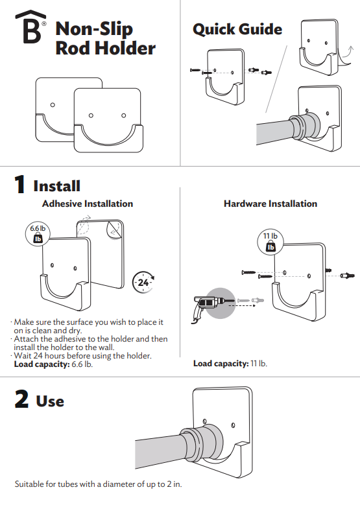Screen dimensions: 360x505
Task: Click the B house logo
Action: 31,27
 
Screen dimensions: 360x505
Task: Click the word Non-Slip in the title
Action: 94,29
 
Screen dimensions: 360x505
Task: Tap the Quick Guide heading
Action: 237,29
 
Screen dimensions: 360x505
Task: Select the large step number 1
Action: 20,184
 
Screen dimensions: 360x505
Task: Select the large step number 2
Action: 21,399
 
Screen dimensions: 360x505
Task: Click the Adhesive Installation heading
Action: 88,204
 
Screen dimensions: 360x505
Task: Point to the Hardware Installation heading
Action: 270,204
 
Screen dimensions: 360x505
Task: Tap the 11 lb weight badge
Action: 270,242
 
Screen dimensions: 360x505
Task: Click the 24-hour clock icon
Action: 143,282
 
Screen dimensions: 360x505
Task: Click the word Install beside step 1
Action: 56,186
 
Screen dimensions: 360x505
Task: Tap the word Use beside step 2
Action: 50,401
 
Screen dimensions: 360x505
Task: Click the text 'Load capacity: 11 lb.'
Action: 230,364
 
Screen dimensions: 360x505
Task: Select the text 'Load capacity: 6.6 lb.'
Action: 53,364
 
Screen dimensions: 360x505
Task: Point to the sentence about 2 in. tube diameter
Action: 99,484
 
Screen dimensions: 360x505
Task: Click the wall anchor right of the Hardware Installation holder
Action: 348,276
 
